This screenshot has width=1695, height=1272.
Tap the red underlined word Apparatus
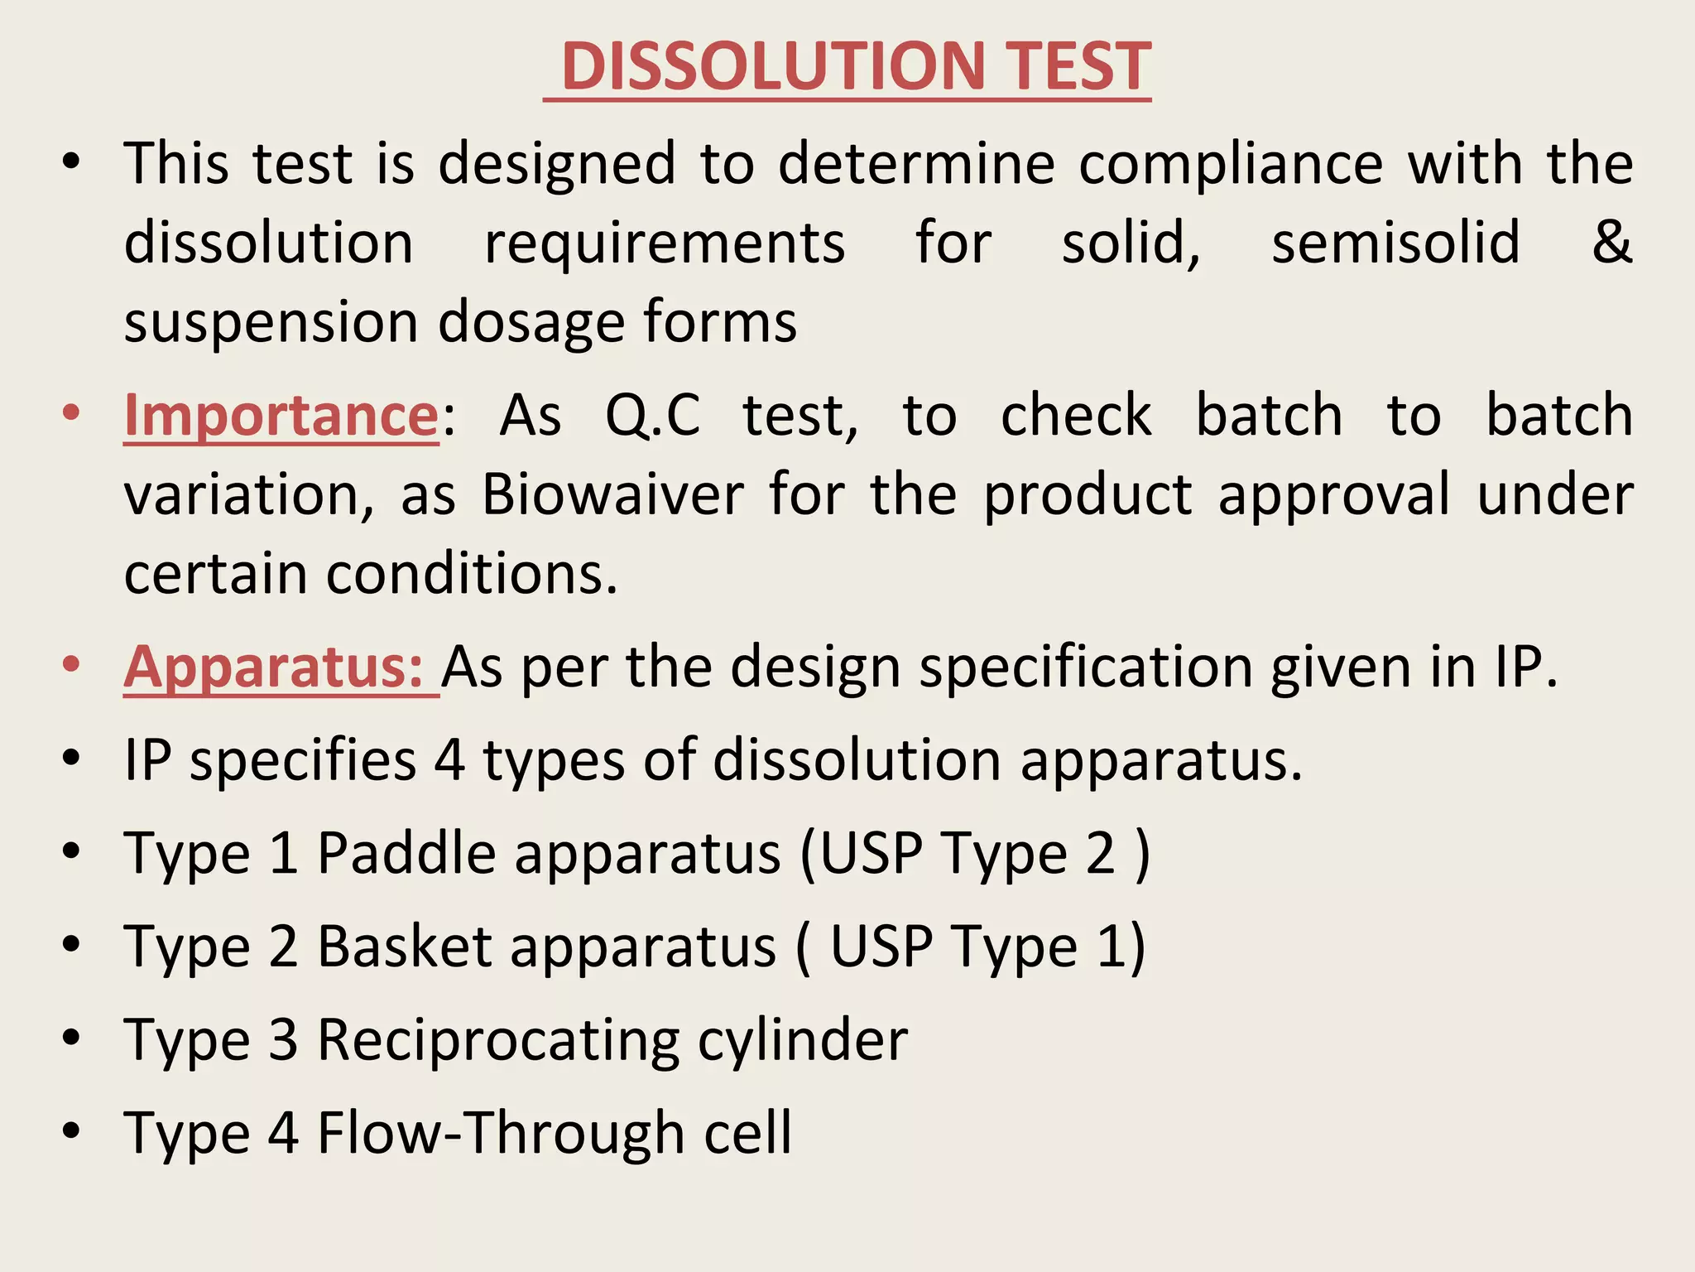[273, 667]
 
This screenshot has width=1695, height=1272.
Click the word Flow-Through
[501, 1133]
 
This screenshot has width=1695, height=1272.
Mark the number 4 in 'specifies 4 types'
[449, 759]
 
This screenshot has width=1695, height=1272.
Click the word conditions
[472, 574]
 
